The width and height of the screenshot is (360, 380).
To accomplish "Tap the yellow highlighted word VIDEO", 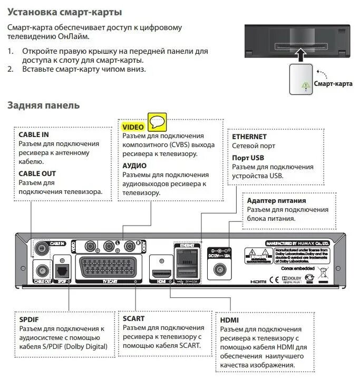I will coord(133,127).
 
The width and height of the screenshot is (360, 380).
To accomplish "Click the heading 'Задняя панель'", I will coord(43,105).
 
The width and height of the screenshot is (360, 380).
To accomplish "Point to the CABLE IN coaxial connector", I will coord(40,247).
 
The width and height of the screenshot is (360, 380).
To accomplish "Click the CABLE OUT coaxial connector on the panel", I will coord(40,270).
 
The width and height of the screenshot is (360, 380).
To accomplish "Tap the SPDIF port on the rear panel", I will coord(62,270).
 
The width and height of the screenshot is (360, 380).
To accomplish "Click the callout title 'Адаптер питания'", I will coord(276,201).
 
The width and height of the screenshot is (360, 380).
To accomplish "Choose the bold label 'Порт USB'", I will coord(248,158).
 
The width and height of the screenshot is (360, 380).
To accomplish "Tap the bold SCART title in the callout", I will coord(134,318).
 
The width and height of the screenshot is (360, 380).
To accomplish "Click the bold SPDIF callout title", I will coord(29,319).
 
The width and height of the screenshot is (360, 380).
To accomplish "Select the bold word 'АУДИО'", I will coord(135,165).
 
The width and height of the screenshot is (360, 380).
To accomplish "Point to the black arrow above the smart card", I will coord(300,54).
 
